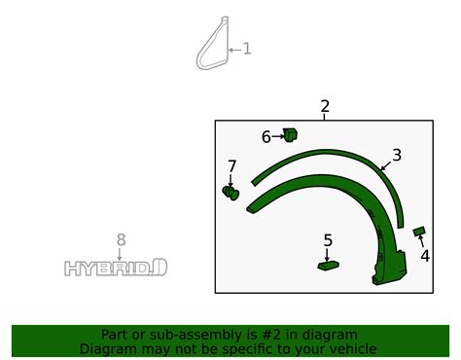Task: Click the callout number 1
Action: coord(246,48)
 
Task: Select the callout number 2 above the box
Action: coord(325,107)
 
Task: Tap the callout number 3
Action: coord(397,155)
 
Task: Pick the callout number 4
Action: coord(425,256)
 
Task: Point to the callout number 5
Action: coord(328,240)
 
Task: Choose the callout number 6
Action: coord(266,137)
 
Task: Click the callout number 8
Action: coord(121,240)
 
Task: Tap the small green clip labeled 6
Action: coord(290,134)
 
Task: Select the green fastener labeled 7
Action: coord(230,193)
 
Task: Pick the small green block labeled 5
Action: coord(328,263)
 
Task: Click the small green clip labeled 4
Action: coord(419,232)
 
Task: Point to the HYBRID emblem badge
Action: coord(116,267)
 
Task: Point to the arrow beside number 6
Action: coord(277,137)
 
